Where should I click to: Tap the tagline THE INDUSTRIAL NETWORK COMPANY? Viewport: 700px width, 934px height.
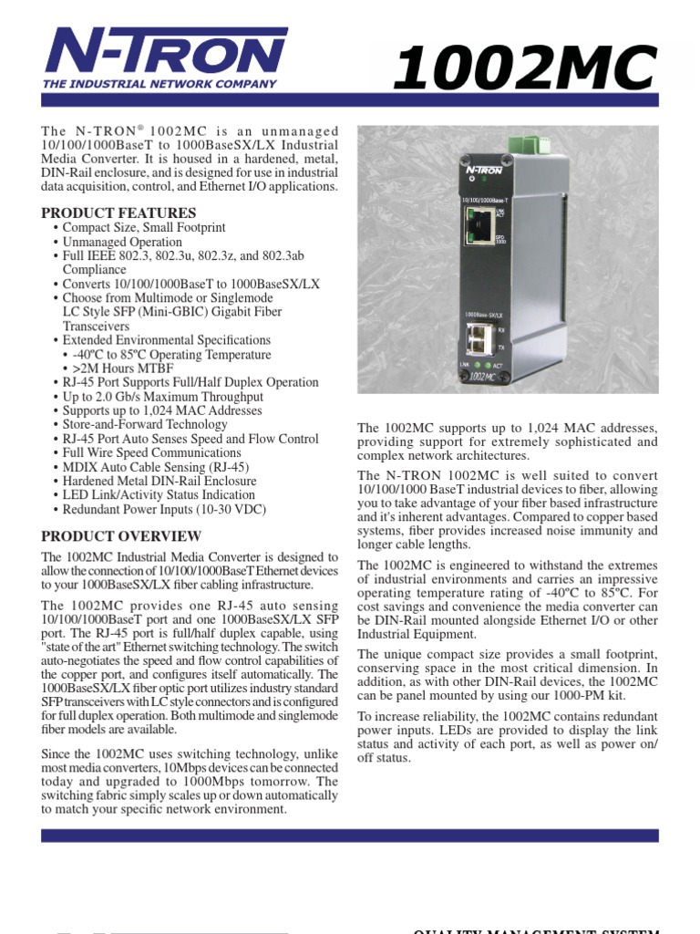tap(160, 84)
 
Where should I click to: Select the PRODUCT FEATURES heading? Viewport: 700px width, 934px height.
tap(118, 213)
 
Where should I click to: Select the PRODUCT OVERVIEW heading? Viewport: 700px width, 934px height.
tap(121, 536)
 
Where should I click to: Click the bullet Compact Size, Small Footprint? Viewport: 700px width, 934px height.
tap(143, 228)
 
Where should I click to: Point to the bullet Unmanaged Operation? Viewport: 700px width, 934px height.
tap(122, 243)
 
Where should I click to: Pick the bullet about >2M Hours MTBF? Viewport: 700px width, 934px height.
tap(129, 368)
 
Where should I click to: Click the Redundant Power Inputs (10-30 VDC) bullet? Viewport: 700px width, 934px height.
tap(164, 510)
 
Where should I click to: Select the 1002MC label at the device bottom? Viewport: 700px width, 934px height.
tap(484, 375)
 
